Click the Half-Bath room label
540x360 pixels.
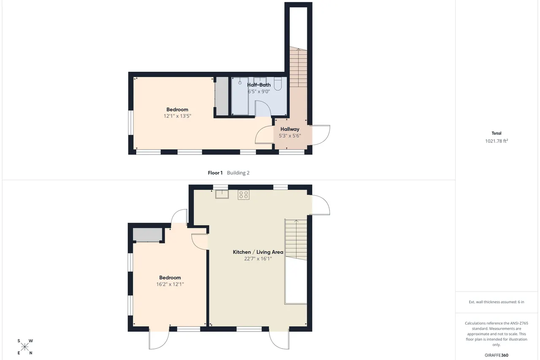(x=259, y=85)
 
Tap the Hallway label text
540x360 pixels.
(x=290, y=129)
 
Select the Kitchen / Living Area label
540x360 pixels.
(x=258, y=252)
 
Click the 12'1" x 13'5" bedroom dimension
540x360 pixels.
(x=177, y=116)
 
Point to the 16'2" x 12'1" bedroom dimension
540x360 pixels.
(x=170, y=284)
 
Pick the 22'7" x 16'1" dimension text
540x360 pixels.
(x=258, y=259)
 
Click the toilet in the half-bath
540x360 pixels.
(x=278, y=84)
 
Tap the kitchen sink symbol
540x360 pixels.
(x=222, y=194)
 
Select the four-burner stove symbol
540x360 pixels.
(x=243, y=195)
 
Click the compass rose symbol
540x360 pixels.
(x=25, y=347)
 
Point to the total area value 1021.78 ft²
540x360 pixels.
(x=497, y=141)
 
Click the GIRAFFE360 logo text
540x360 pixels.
(x=497, y=355)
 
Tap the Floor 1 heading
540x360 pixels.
(x=215, y=173)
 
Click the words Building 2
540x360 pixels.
(x=238, y=173)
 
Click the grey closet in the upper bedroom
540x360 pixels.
(x=222, y=96)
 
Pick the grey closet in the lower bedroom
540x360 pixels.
(x=148, y=234)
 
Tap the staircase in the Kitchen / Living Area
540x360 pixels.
(x=296, y=239)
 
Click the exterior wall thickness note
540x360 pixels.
(x=497, y=302)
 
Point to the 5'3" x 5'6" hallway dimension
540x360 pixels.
(x=290, y=136)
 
